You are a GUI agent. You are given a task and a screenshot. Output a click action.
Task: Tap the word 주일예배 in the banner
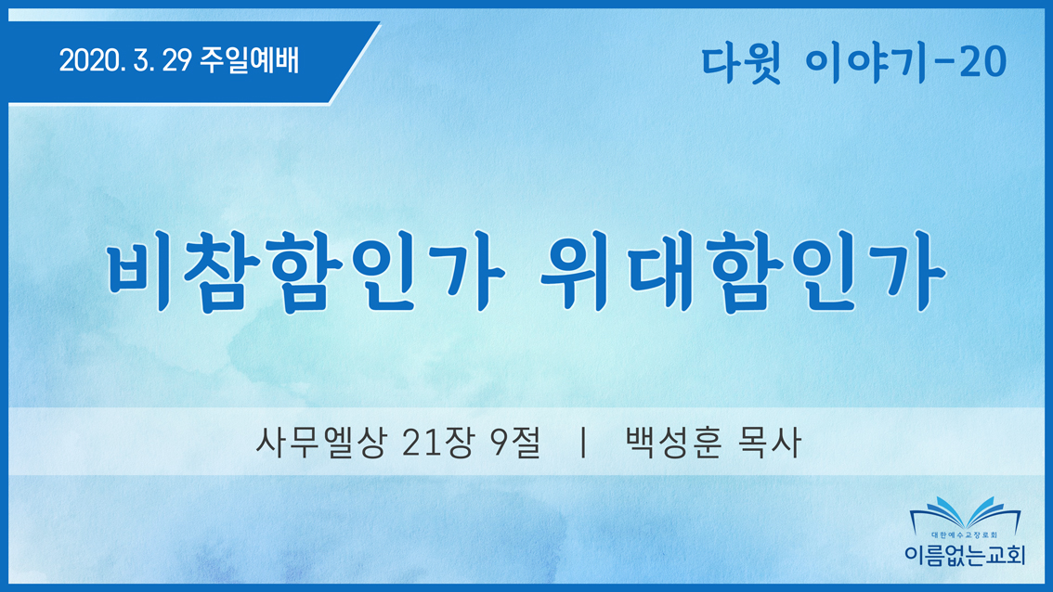(x=249, y=60)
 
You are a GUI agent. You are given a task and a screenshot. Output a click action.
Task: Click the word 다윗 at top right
(x=741, y=64)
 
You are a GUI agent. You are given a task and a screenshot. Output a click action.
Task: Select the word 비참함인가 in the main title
(x=305, y=272)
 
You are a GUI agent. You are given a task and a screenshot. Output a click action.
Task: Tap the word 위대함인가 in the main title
(x=744, y=272)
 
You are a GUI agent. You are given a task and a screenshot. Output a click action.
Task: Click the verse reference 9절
(x=515, y=443)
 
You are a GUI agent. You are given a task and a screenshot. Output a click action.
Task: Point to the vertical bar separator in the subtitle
(x=583, y=443)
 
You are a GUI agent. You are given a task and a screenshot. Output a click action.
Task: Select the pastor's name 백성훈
(x=673, y=443)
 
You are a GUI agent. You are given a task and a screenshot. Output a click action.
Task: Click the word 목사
(x=770, y=443)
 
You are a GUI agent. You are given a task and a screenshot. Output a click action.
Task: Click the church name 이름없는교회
(x=965, y=555)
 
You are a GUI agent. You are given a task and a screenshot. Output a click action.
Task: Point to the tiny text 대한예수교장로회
(x=965, y=535)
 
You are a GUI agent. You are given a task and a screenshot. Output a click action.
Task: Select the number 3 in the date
(x=141, y=61)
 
